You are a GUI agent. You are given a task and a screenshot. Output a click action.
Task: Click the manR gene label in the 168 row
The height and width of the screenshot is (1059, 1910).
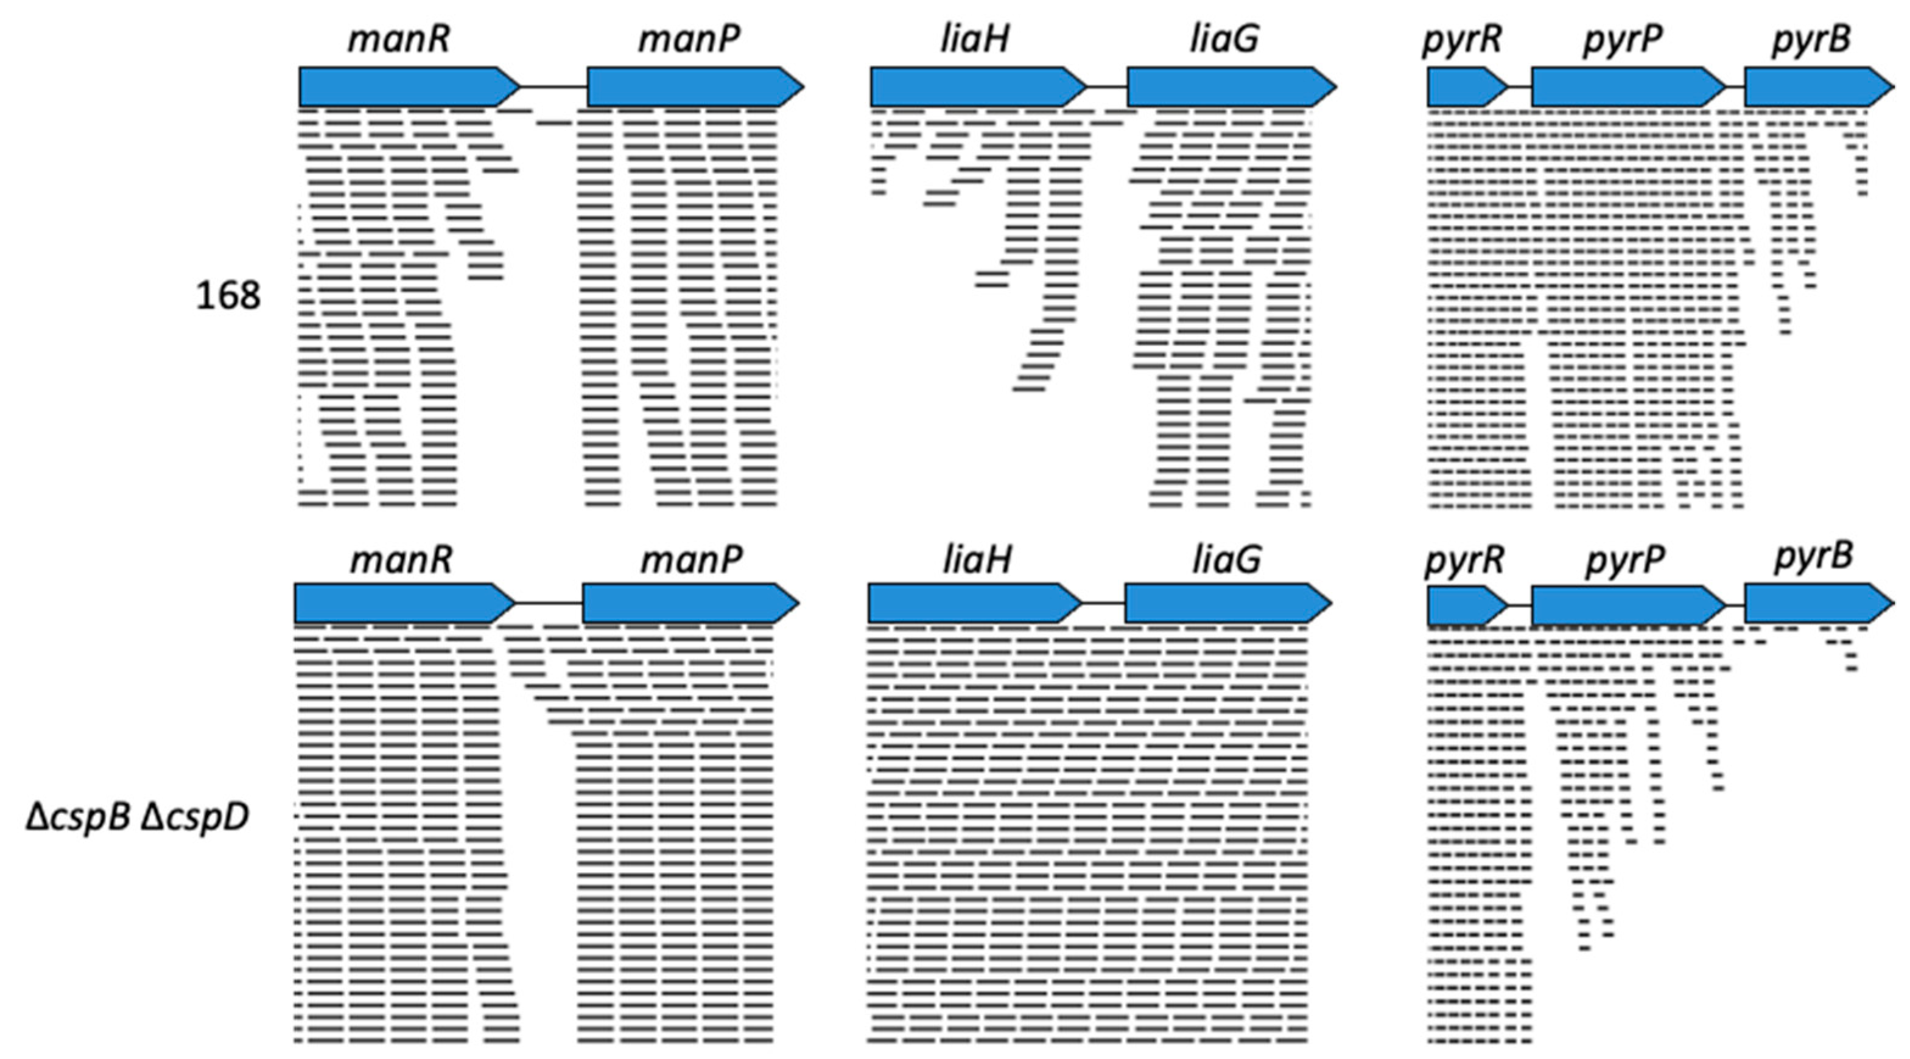(399, 38)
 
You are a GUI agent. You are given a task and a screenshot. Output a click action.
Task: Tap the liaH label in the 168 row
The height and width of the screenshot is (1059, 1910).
(975, 38)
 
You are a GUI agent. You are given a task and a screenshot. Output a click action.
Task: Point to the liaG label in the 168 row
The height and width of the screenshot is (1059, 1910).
(1224, 38)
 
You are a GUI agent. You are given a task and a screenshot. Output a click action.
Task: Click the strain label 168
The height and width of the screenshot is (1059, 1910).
(228, 296)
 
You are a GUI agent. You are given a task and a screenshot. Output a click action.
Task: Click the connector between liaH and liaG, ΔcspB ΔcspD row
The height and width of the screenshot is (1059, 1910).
(1103, 603)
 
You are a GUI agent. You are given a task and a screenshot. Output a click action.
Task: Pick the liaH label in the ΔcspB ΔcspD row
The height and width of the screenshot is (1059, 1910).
(977, 559)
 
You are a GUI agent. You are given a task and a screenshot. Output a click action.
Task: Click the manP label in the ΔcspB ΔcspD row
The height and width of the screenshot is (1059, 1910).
(691, 559)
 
